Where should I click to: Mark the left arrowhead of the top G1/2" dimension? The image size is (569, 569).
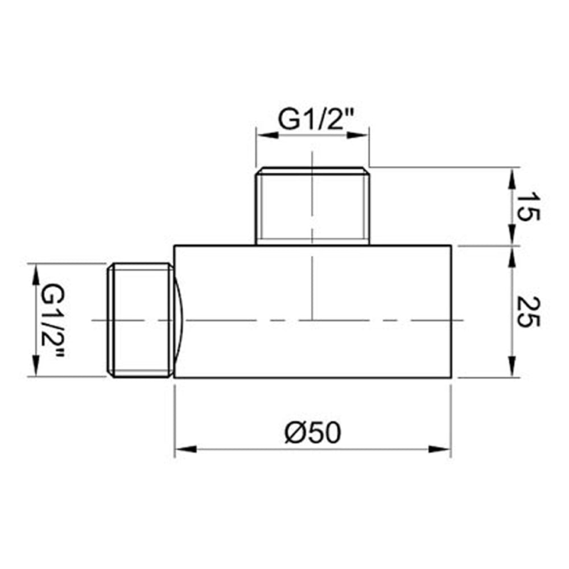(263, 135)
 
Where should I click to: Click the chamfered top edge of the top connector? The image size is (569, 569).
(312, 169)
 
